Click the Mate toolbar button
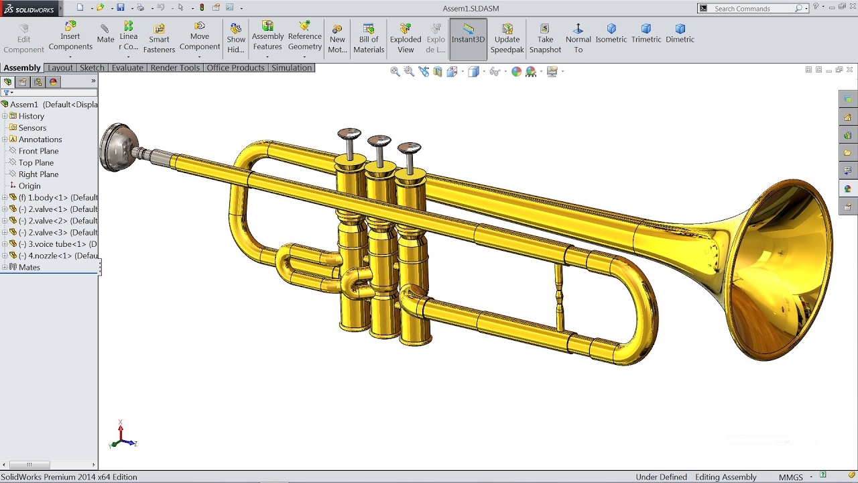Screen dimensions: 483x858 [x=105, y=33]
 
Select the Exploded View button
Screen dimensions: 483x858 [x=406, y=38]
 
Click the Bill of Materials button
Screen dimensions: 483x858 [x=369, y=38]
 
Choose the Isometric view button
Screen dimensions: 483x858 [x=611, y=33]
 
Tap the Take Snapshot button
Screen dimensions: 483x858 [x=545, y=38]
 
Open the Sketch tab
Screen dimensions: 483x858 [x=92, y=68]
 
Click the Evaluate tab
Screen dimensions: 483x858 [x=127, y=68]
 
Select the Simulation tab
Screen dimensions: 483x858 [x=292, y=68]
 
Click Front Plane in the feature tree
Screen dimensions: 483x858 [x=38, y=151]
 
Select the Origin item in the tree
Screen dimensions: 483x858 [x=29, y=186]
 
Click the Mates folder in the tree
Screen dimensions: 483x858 [x=29, y=267]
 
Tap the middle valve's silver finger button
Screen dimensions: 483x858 [x=379, y=142]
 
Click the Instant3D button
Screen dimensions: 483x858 [x=468, y=33]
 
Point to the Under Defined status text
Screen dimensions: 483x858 [x=661, y=477]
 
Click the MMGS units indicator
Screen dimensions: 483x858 [x=790, y=477]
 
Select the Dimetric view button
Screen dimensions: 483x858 [x=680, y=33]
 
